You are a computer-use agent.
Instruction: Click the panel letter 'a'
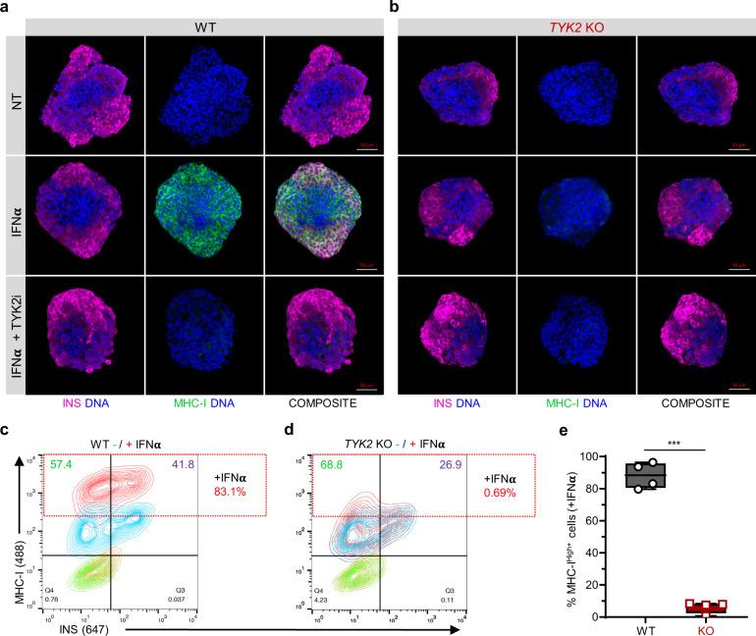tap(8, 8)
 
